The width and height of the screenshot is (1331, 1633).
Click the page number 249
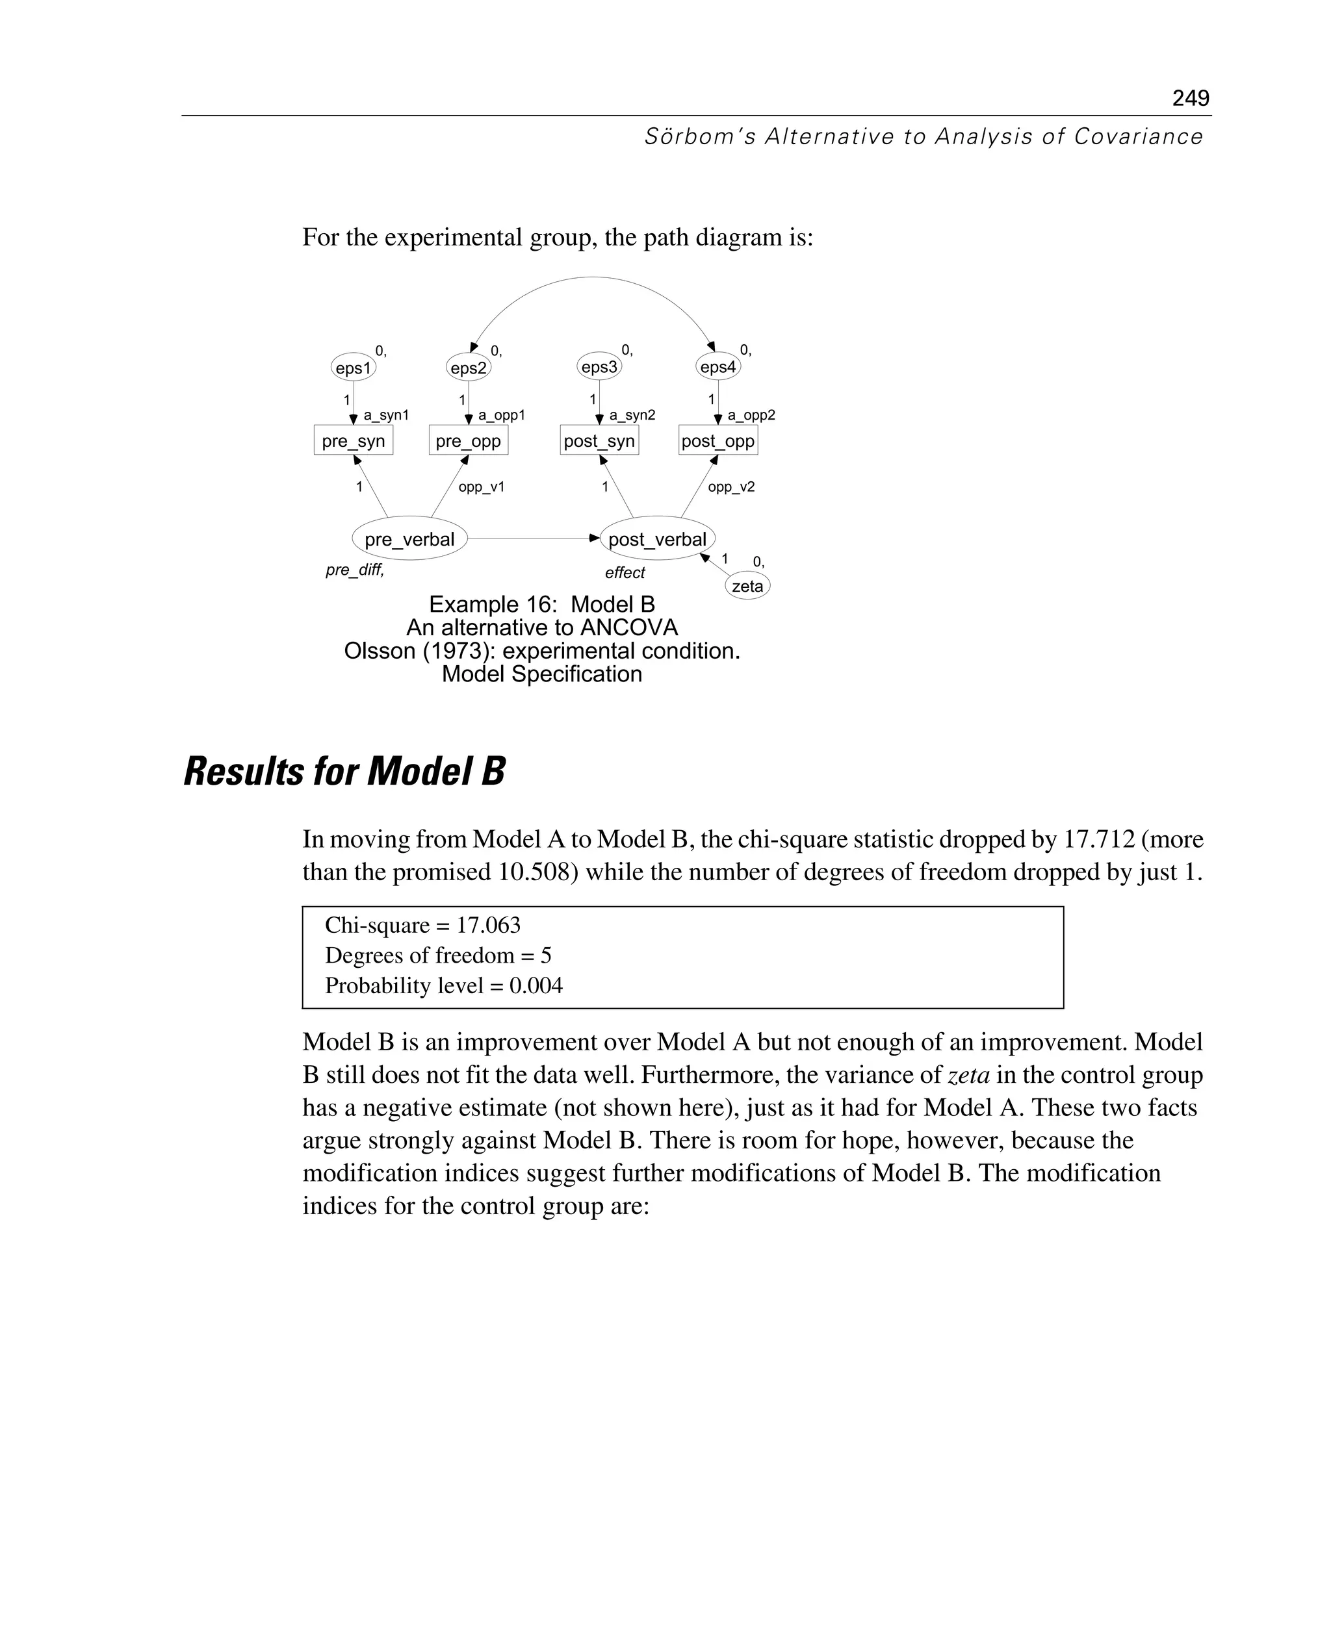[x=1190, y=98]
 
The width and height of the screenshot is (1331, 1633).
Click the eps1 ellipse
[x=354, y=368]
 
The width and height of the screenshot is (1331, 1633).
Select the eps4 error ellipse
[x=718, y=367]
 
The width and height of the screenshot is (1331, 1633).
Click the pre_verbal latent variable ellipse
[x=409, y=538]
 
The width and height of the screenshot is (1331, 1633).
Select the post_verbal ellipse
[x=657, y=538]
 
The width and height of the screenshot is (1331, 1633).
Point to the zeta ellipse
[x=747, y=586]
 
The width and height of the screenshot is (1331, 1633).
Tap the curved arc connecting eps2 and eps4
[x=592, y=278]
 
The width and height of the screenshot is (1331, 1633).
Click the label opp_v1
[x=482, y=487]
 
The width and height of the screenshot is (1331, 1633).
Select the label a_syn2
[x=632, y=415]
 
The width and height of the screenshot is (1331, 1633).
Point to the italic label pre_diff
[x=354, y=570]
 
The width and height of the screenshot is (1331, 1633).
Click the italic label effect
[x=625, y=572]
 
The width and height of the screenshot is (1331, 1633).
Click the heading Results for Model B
[x=344, y=772]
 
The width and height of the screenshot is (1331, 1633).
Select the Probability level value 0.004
[x=536, y=985]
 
